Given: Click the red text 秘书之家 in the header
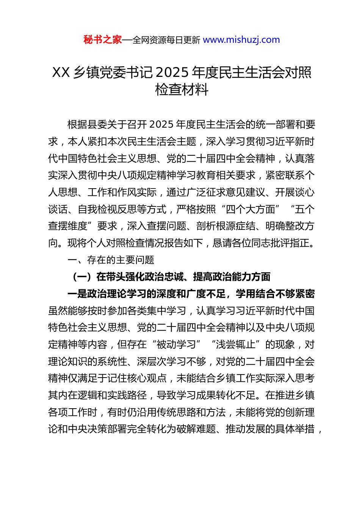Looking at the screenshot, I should (103, 40).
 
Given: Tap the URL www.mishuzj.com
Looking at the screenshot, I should (241, 40).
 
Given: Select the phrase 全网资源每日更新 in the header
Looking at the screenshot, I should (166, 40).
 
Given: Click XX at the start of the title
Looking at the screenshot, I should (61, 72).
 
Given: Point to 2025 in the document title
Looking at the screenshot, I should (172, 72).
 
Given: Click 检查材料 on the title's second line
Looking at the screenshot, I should (182, 90).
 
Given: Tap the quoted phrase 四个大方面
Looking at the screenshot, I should (250, 209).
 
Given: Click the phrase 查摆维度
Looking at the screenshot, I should (68, 226).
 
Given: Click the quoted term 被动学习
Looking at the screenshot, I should (176, 345).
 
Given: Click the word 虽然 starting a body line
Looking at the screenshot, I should (58, 311).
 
